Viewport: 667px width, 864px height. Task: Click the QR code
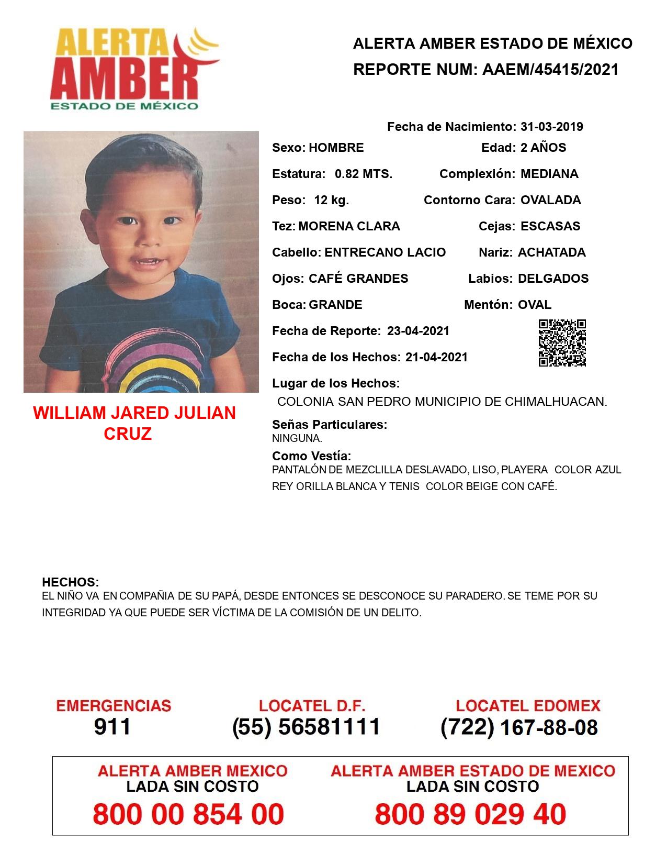pos(562,343)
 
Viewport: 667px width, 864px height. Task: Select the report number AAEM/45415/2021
pos(550,69)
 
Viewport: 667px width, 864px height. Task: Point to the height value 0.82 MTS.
pos(364,174)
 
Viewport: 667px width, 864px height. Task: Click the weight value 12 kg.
pos(331,200)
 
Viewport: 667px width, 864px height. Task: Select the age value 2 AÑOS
pos(543,148)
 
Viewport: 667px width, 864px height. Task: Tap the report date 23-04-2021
pos(418,331)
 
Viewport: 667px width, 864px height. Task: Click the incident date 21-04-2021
pos(436,357)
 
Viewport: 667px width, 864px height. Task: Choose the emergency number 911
pos(112,727)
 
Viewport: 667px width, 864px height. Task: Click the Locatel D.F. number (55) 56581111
pos(306,727)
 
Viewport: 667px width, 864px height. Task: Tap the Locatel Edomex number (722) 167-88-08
pos(519,727)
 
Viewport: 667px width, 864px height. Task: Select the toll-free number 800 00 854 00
pos(188,814)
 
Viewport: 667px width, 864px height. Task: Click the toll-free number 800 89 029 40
pos(470,814)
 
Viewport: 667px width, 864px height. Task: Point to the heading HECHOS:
pos(70,582)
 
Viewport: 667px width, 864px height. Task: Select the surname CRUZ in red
pos(128,434)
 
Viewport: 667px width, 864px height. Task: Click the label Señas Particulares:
pos(330,425)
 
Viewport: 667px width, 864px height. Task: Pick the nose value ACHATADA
pos(551,252)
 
